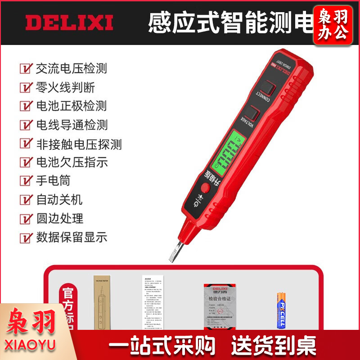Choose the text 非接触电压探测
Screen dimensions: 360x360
coord(79,144)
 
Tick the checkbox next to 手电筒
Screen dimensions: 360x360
coord(26,181)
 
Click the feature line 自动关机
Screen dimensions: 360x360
coord(59,199)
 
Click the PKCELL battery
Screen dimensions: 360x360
coord(280,310)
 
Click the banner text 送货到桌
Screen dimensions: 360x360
coord(274,346)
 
